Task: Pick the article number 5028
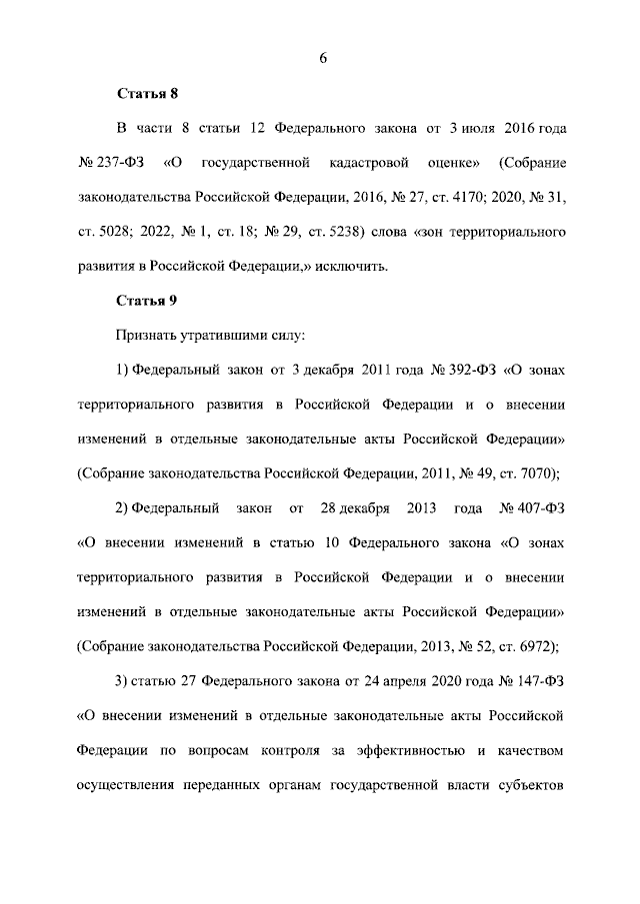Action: point(110,232)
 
